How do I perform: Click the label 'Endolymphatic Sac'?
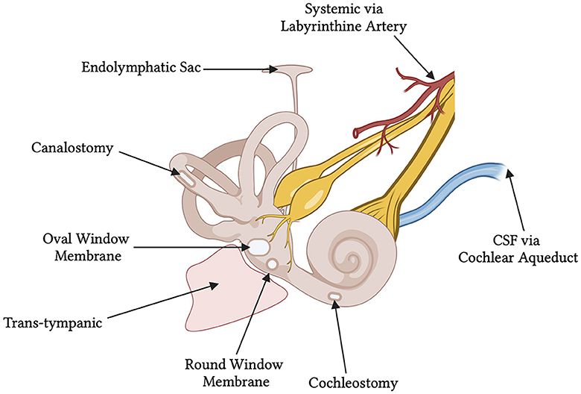140,69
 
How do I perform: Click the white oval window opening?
258,246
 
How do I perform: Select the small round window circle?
273,264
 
